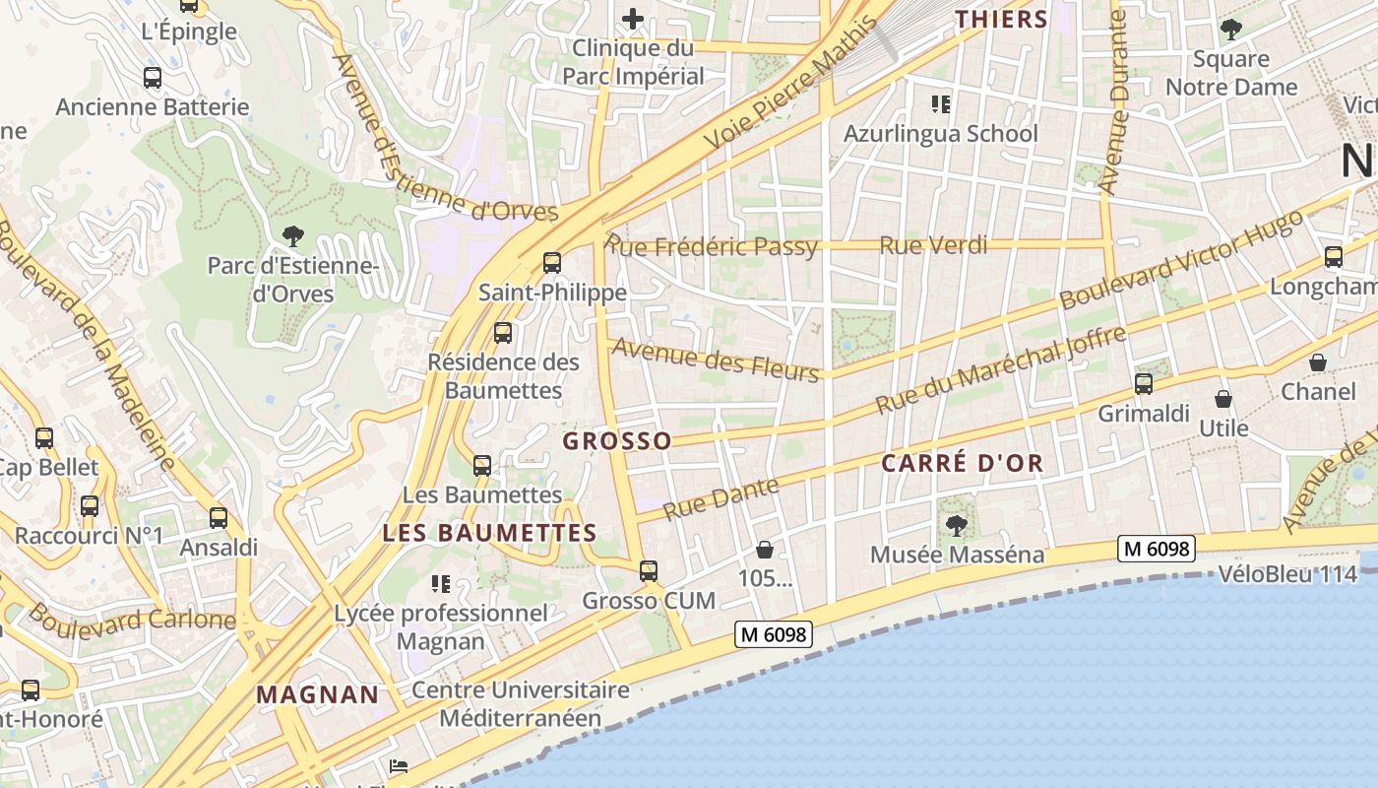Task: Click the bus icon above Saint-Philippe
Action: pyautogui.click(x=552, y=262)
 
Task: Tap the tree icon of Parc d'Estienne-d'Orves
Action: pyautogui.click(x=292, y=235)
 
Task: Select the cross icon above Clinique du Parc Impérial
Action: pyautogui.click(x=633, y=18)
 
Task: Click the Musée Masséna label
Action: pyautogui.click(x=957, y=555)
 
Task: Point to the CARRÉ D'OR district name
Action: pyautogui.click(x=962, y=463)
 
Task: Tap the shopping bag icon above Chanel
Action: pyautogui.click(x=1318, y=362)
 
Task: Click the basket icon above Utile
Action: pyautogui.click(x=1223, y=399)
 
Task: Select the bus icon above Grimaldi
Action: pyautogui.click(x=1143, y=384)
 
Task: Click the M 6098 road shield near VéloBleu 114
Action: pyautogui.click(x=1156, y=549)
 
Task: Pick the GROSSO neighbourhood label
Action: pyautogui.click(x=617, y=441)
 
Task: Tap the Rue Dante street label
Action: pyautogui.click(x=720, y=498)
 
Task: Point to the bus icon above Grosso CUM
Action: pyautogui.click(x=648, y=571)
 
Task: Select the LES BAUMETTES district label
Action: pyautogui.click(x=489, y=533)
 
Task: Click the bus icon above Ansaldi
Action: pyautogui.click(x=219, y=517)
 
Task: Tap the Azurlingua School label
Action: pyautogui.click(x=940, y=133)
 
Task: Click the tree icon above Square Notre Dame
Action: pyautogui.click(x=1230, y=29)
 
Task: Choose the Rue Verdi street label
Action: pyautogui.click(x=932, y=244)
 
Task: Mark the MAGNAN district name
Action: pyautogui.click(x=317, y=694)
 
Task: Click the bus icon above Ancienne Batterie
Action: pyautogui.click(x=153, y=78)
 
